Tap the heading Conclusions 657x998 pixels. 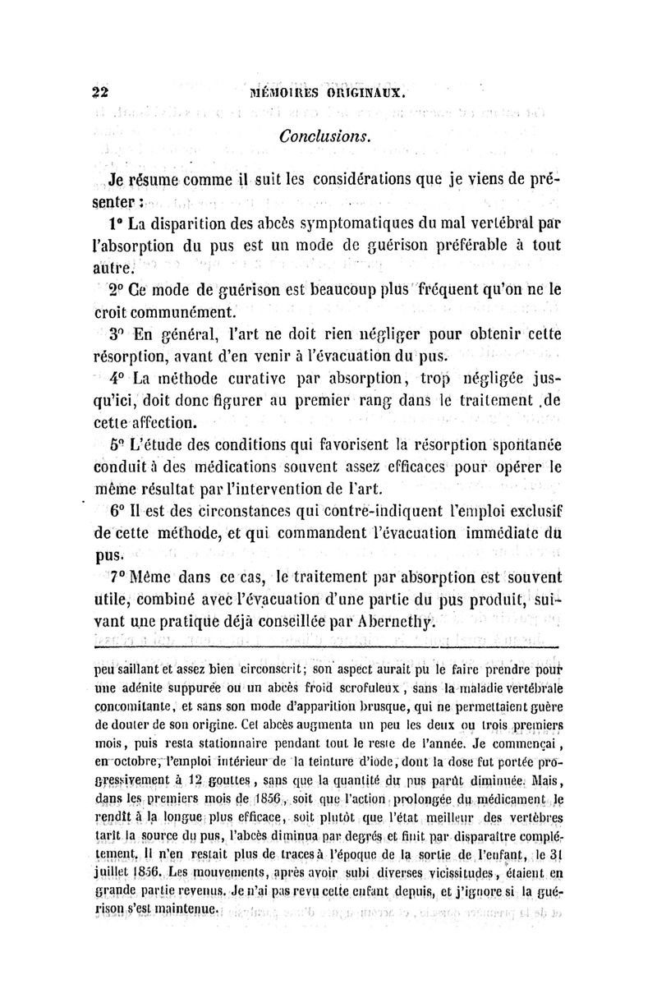point(326,135)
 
